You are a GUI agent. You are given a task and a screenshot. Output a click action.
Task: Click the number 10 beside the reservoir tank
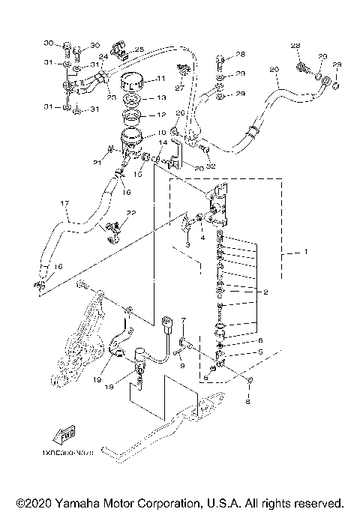coord(161,133)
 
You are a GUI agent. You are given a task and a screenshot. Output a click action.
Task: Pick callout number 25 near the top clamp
coord(139,49)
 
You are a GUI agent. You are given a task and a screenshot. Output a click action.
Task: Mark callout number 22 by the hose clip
coord(131,213)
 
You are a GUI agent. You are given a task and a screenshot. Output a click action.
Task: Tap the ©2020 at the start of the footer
coord(31,502)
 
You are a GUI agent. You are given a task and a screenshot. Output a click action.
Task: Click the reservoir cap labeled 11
coord(133,81)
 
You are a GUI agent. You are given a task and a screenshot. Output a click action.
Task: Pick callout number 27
coord(180,88)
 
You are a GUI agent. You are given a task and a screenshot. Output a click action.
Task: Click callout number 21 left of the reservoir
coord(97,162)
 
